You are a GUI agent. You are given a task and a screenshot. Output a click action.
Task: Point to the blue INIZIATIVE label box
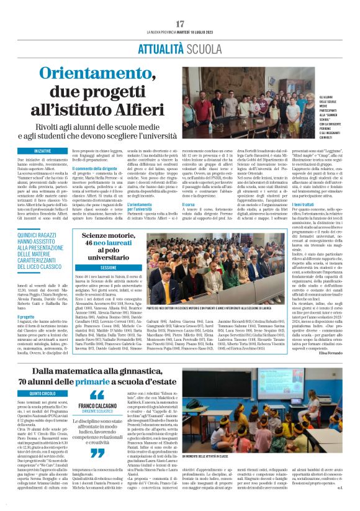tap(43, 151)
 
